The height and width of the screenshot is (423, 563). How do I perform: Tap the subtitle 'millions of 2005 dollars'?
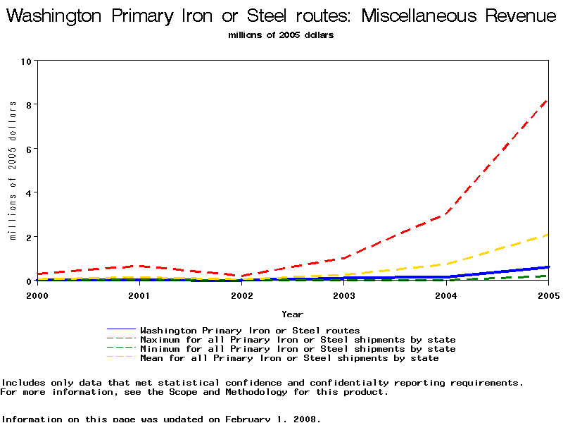click(281, 35)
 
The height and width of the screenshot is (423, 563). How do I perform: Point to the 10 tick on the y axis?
click(27, 61)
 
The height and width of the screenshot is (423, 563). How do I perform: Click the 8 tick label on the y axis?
click(27, 104)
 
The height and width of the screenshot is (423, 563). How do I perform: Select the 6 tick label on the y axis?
click(27, 149)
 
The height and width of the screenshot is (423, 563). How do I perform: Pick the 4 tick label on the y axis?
click(27, 192)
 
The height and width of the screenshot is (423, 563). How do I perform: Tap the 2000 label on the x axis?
click(37, 295)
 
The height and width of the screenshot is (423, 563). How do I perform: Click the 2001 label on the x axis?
click(139, 295)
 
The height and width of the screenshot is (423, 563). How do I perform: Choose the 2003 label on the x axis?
click(344, 295)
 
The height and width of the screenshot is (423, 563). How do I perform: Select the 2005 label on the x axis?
click(548, 295)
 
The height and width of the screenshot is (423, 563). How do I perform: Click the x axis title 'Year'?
click(293, 314)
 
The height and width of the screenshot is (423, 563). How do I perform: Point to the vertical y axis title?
click(13, 171)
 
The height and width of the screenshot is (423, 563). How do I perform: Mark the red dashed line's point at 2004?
click(446, 214)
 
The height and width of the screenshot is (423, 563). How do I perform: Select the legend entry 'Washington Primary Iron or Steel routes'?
click(250, 330)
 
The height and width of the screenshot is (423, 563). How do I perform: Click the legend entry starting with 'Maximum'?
click(298, 339)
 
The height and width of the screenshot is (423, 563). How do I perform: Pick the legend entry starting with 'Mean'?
click(289, 357)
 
